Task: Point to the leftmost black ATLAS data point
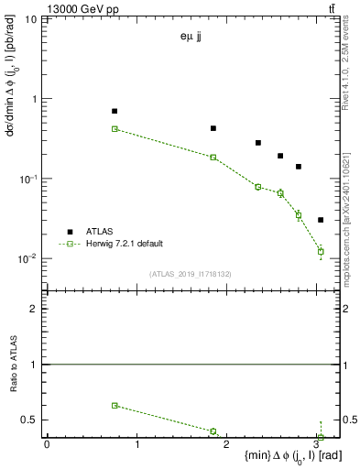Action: (115, 111)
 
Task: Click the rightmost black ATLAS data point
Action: (320, 220)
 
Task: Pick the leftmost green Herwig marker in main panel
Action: (115, 129)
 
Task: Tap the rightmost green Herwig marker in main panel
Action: (321, 251)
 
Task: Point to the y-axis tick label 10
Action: (30, 19)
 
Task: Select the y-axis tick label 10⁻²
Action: (28, 258)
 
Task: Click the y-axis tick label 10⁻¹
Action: (28, 179)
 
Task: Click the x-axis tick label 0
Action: (47, 444)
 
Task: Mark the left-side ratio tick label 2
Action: (35, 309)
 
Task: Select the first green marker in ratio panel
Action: (115, 405)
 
